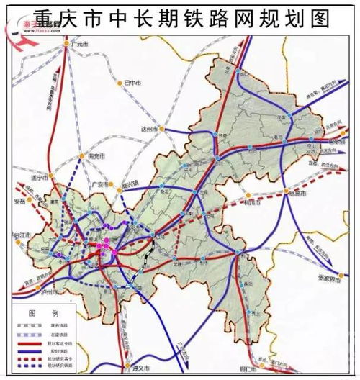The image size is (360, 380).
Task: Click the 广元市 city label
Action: (x=81, y=45)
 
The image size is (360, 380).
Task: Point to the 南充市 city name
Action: (x=95, y=155)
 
